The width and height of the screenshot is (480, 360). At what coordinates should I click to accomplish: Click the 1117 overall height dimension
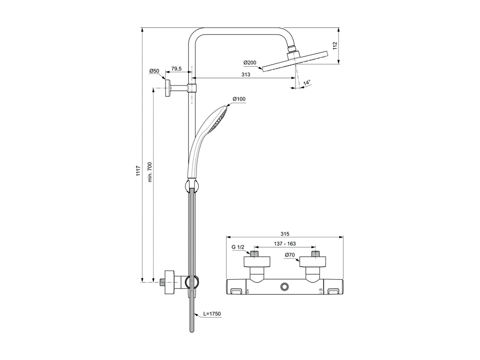[138, 171]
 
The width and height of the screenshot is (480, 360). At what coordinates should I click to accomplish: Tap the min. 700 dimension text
[150, 172]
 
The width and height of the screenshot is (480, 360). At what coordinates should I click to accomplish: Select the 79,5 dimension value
[176, 69]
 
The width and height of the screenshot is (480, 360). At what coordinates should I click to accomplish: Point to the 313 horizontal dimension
[246, 75]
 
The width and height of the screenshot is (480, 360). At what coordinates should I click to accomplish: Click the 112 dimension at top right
[335, 46]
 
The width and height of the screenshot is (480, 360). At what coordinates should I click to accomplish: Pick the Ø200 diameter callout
[250, 63]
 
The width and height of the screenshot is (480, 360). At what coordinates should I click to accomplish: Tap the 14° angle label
[306, 82]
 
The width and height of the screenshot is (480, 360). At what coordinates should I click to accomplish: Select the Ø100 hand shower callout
[239, 99]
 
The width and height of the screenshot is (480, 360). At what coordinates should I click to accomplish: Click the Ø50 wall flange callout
[154, 71]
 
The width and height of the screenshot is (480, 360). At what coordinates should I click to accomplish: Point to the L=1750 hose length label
[212, 314]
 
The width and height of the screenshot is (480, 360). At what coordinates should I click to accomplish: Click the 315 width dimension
[285, 234]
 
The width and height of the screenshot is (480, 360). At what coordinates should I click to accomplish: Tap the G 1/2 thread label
[238, 247]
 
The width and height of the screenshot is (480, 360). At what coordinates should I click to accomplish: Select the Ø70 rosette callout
[290, 255]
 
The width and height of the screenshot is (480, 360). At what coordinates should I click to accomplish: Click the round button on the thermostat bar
[285, 287]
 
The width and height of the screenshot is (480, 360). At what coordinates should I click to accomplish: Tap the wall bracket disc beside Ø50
[168, 88]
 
